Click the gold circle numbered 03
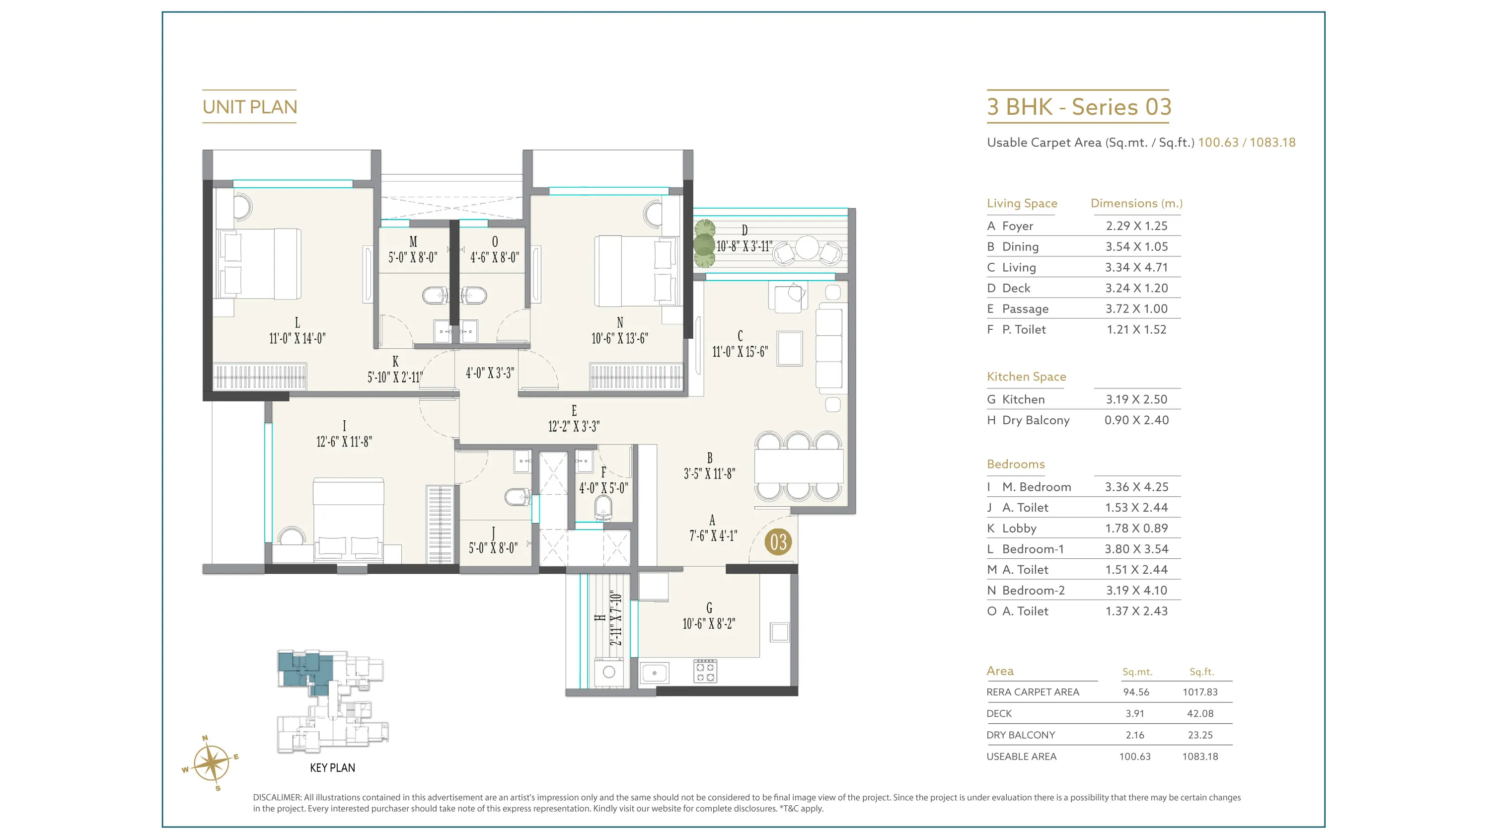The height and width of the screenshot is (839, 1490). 778,542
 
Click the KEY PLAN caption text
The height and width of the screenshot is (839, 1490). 333,768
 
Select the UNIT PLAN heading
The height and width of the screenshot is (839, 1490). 250,107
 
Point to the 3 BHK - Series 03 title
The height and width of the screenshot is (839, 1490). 1079,107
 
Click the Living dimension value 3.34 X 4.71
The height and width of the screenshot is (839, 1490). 1136,267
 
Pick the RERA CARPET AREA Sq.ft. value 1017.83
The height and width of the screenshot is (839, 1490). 1200,692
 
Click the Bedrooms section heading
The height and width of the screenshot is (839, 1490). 1016,464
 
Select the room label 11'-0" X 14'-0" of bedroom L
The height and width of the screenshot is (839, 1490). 298,338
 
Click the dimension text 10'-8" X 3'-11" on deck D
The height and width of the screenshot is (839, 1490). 745,246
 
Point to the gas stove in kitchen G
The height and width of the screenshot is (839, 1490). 705,671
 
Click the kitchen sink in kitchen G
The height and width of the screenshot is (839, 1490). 654,673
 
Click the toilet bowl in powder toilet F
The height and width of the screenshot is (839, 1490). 603,508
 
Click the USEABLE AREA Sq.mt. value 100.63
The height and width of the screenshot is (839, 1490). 1135,756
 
